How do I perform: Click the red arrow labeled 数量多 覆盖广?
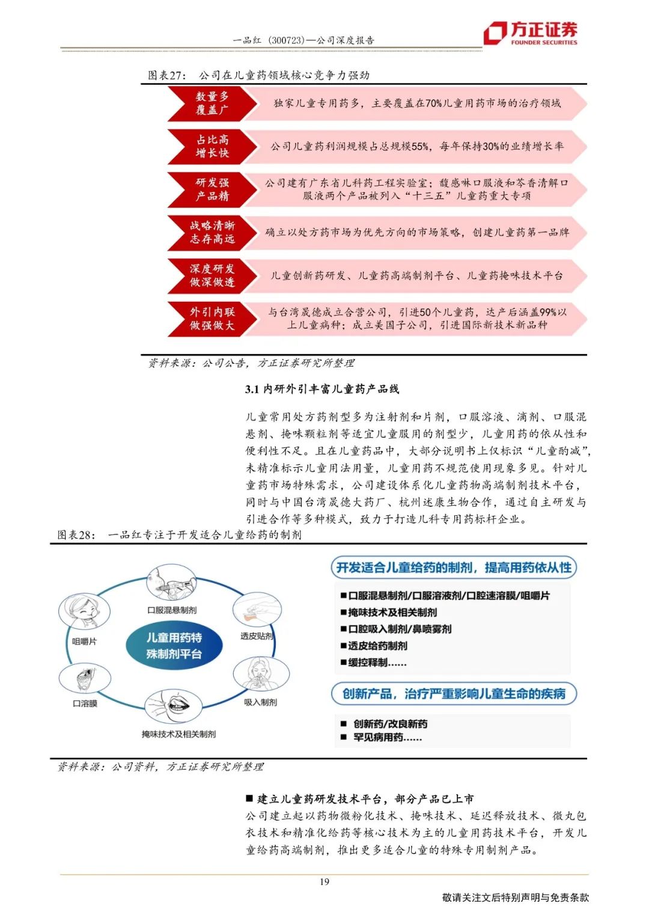pos(207,103)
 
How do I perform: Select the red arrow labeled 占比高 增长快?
pos(207,146)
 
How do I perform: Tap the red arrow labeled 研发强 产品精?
pos(207,189)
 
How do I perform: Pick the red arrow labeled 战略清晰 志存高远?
pos(207,232)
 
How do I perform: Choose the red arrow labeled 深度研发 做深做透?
pos(207,275)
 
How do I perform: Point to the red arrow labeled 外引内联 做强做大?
pos(207,319)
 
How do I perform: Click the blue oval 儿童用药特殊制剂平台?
pos(174,646)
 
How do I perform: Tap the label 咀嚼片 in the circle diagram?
pos(84,641)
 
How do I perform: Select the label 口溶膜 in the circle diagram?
pos(85,703)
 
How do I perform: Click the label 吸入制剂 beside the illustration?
pos(261,702)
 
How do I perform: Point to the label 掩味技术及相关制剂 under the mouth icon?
pos(178,734)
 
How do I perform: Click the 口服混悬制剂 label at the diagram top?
pos(172,610)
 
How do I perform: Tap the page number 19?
pos(324,882)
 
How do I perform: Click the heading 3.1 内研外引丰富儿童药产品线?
pos(322,389)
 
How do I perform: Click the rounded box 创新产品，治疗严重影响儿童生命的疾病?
pos(454,694)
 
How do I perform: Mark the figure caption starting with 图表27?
pos(258,75)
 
